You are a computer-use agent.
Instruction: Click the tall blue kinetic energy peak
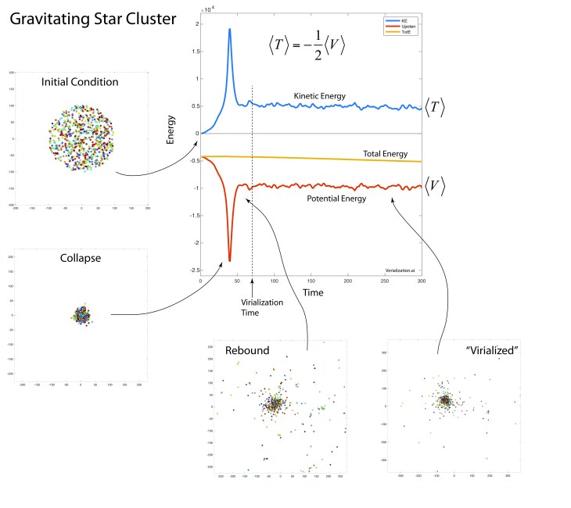point(230,30)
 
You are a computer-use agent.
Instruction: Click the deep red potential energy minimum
point(230,259)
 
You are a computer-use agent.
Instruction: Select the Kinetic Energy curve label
point(320,95)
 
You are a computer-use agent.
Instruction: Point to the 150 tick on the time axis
point(311,279)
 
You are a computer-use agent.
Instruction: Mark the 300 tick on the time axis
point(422,279)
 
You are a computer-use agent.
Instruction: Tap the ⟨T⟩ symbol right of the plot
point(435,109)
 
